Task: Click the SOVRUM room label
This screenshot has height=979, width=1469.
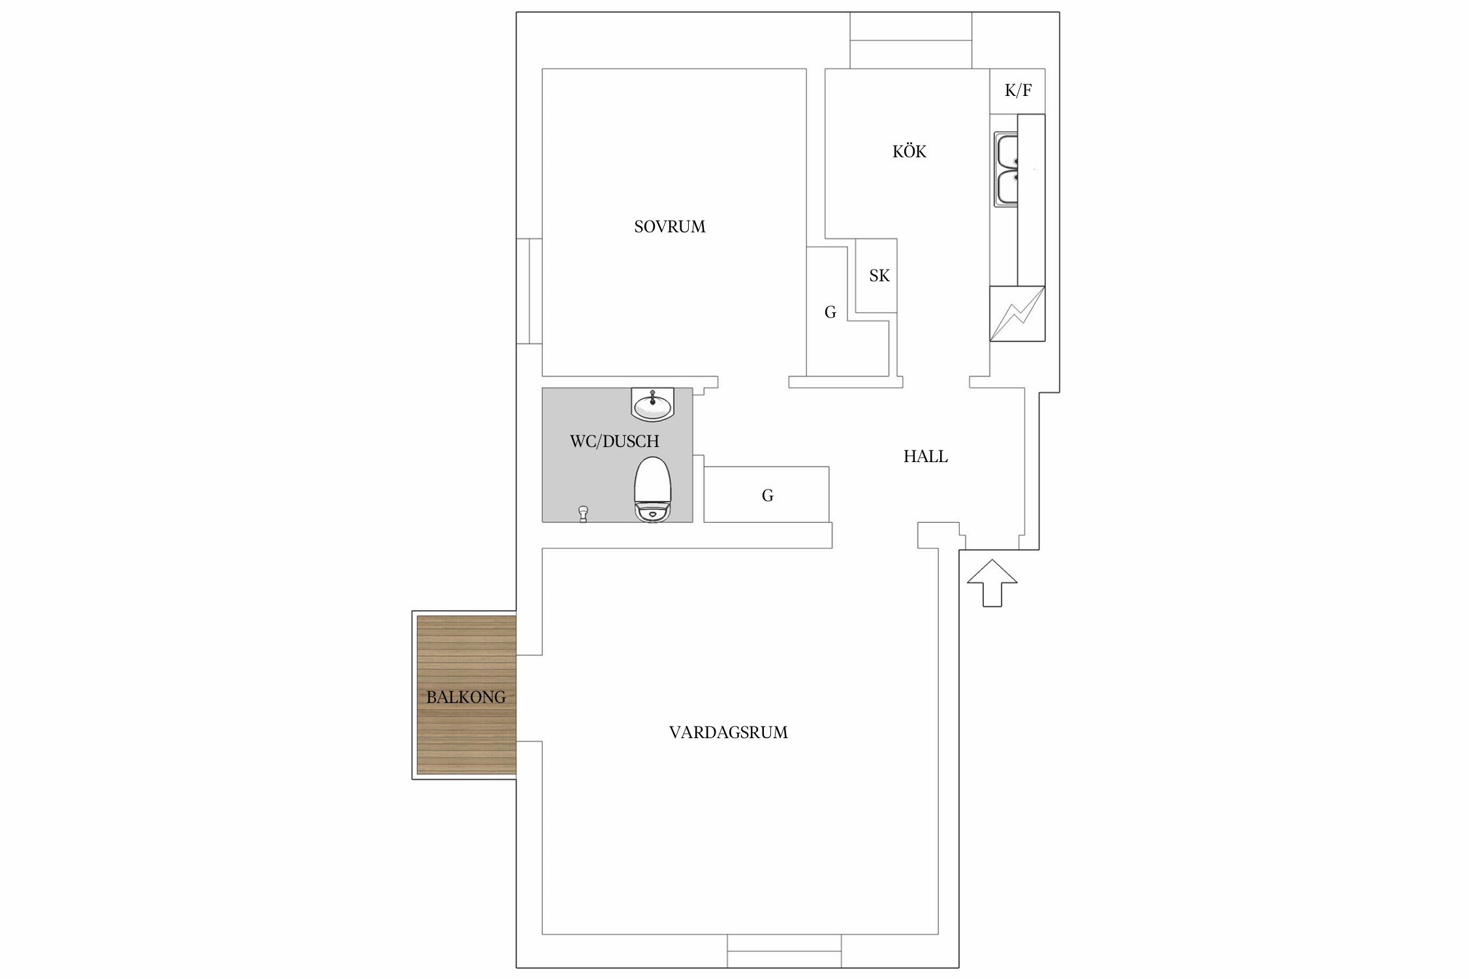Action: (670, 226)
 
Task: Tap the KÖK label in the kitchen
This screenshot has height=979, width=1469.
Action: (909, 151)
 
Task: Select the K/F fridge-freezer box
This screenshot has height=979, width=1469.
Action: (1017, 91)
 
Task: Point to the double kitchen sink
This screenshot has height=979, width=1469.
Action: (1006, 170)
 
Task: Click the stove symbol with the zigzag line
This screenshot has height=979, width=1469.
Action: (1017, 313)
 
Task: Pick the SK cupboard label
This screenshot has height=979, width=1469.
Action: (879, 276)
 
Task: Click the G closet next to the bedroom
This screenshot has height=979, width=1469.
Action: (830, 312)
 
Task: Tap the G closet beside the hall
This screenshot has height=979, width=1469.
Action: (768, 495)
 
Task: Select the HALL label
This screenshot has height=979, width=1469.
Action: (926, 456)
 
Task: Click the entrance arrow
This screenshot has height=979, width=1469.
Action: (992, 583)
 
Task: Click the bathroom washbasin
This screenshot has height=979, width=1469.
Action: (653, 405)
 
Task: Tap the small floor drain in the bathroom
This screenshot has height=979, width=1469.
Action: (583, 514)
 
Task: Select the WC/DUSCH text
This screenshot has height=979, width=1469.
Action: (614, 441)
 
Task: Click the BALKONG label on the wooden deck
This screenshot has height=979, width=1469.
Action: (466, 697)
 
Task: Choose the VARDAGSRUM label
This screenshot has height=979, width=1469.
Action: (729, 732)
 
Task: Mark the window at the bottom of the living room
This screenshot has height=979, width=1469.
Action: (784, 951)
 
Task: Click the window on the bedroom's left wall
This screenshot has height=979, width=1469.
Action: (529, 291)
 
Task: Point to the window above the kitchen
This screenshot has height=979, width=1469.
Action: (911, 40)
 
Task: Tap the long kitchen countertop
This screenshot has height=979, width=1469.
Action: (1032, 200)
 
